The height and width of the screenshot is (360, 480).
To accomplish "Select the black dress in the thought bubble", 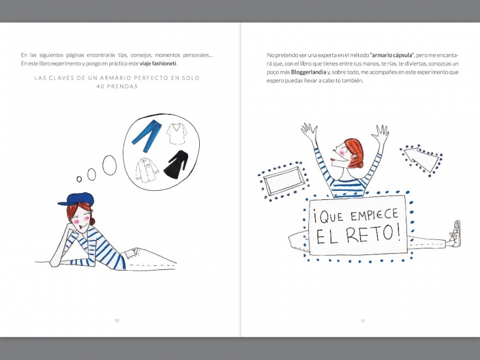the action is pyautogui.click(x=176, y=164).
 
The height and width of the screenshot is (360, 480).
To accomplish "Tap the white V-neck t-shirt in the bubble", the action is pyautogui.click(x=176, y=134).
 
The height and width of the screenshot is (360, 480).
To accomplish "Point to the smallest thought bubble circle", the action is pyautogui.click(x=79, y=179).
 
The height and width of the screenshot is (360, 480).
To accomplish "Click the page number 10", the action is pyautogui.click(x=117, y=320).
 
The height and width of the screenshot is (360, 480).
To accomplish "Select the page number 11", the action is pyautogui.click(x=363, y=320).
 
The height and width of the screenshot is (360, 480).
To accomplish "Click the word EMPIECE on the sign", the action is pyautogui.click(x=374, y=215).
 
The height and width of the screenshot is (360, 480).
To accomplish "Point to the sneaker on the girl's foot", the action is pyautogui.click(x=455, y=234).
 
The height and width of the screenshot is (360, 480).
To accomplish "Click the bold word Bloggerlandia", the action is pyautogui.click(x=308, y=72).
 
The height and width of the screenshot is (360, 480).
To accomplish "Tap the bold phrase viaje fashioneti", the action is pyautogui.click(x=158, y=64).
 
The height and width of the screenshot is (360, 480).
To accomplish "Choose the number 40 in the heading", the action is pyautogui.click(x=100, y=86).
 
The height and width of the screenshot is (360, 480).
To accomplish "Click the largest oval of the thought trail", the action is pyautogui.click(x=110, y=166).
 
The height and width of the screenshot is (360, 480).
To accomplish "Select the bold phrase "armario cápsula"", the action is pyautogui.click(x=392, y=55).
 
